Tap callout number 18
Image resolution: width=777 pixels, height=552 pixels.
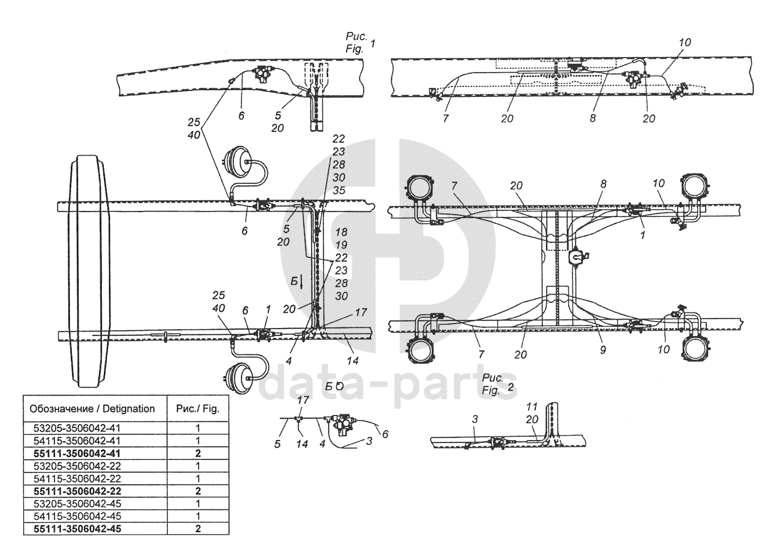tap(340, 232)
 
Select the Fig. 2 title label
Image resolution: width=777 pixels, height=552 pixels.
tap(499, 383)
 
